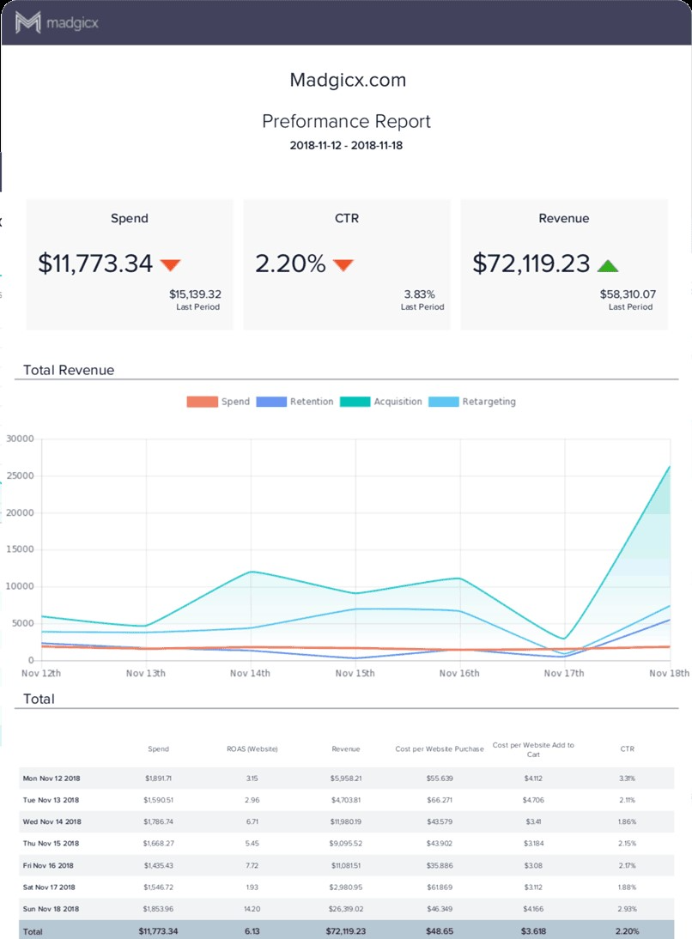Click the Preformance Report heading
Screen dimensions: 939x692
point(346,121)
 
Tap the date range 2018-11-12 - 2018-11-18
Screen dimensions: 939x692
point(346,145)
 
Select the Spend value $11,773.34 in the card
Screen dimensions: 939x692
point(95,264)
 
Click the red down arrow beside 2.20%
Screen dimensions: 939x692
point(343,264)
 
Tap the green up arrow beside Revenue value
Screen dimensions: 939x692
point(608,264)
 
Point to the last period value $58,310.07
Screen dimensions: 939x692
point(628,294)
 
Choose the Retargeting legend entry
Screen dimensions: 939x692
point(489,402)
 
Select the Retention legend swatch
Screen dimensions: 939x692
point(271,402)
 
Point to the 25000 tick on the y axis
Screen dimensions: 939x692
point(20,476)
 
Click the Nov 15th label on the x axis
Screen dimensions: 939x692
point(354,674)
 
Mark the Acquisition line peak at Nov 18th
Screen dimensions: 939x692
point(669,467)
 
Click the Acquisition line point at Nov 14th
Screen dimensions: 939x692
point(251,572)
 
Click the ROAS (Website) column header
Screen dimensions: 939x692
point(247,749)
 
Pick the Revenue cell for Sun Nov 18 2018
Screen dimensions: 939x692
point(346,909)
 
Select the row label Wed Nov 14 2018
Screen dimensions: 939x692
point(48,821)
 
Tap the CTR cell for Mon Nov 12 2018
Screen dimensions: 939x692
point(628,778)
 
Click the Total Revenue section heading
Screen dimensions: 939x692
point(69,370)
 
